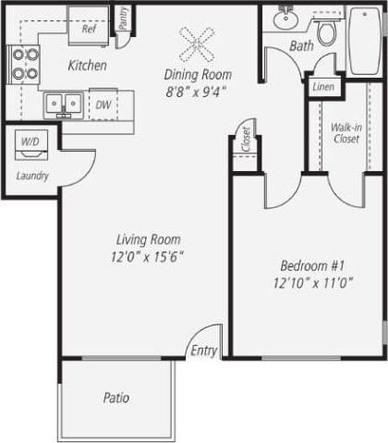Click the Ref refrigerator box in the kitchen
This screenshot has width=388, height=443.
point(90,29)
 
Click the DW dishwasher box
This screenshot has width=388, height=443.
point(103,105)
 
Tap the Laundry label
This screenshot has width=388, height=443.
point(32,176)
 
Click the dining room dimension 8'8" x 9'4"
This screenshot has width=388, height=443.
point(197,91)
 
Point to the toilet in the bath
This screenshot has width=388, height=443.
point(325,32)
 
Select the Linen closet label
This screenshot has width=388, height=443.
point(323,87)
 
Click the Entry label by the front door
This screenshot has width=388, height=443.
point(203,351)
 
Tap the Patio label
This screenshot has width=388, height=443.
point(116,399)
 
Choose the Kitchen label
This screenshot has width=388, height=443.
point(88,66)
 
